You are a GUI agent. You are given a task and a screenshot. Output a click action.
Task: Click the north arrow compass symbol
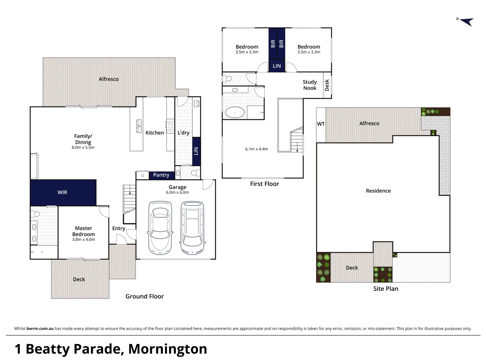(x=466, y=22)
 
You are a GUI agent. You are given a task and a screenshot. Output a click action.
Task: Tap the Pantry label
(x=161, y=175)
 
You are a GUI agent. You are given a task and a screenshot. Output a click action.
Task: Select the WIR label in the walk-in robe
(x=62, y=192)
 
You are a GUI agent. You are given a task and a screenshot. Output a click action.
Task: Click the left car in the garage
(x=160, y=228)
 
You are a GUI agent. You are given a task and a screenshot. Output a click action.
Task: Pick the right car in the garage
(x=192, y=228)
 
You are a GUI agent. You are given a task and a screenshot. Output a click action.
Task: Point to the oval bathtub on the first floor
(x=235, y=113)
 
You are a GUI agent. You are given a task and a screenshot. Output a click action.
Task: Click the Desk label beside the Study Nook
(x=327, y=85)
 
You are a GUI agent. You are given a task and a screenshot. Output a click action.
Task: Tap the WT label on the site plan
(x=321, y=124)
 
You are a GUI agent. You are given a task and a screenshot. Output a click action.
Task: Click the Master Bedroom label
(x=83, y=231)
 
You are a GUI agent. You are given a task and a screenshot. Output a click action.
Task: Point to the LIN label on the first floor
(x=277, y=66)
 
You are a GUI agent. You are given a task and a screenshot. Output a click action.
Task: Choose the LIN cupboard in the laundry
(x=196, y=151)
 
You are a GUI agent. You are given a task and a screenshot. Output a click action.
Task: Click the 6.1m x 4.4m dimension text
(x=256, y=149)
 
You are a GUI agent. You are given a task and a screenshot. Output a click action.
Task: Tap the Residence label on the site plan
(x=378, y=191)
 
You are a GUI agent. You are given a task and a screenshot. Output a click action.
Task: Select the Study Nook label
(x=309, y=85)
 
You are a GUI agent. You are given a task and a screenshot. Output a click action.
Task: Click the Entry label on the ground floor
(x=118, y=229)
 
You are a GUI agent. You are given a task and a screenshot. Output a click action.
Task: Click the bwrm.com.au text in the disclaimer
(x=40, y=329)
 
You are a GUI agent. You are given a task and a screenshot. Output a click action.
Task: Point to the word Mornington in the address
(x=167, y=349)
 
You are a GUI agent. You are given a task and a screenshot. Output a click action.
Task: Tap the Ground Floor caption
(x=144, y=296)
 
